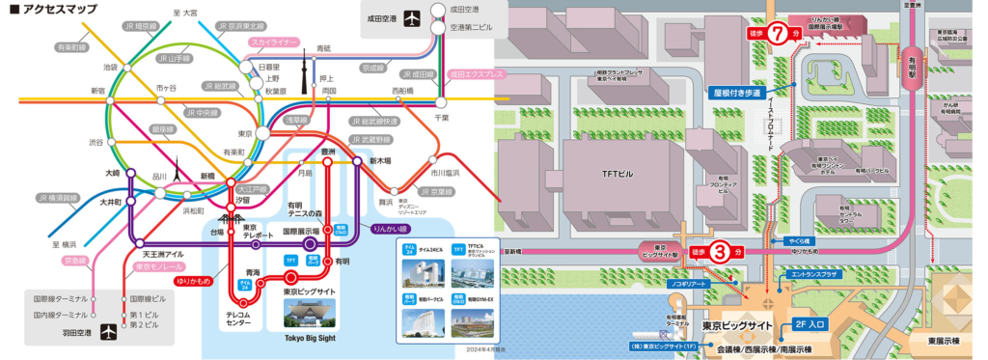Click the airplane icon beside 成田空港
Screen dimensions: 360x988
pos(412,18)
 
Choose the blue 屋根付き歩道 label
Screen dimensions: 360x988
pos(737,94)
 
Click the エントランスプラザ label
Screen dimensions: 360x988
pos(818,275)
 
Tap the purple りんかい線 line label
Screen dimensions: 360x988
pos(392,229)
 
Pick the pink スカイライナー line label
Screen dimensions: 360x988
pos(274,42)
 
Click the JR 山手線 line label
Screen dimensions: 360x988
pos(178,58)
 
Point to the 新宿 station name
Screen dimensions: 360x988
pos(98,91)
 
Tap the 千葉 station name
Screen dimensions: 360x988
pos(443,116)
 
